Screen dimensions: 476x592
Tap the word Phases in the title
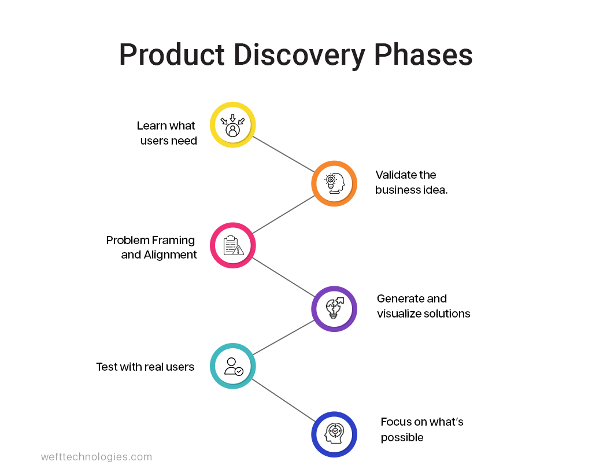[423, 56]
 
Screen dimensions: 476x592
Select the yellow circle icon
[232, 125]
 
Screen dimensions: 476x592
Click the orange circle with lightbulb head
[334, 183]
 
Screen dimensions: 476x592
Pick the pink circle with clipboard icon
[232, 245]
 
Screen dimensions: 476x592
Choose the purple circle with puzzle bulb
[334, 308]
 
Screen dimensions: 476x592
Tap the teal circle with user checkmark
[232, 366]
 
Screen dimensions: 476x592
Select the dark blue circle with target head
[334, 434]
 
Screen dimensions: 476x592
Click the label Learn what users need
[167, 133]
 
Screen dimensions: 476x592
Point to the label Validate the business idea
[411, 182]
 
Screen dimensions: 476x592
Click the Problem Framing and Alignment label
[151, 248]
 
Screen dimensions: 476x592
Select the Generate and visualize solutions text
[423, 306]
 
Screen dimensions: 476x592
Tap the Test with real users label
[145, 367]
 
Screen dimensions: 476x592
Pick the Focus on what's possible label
[421, 429]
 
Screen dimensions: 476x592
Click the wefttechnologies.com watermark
[97, 457]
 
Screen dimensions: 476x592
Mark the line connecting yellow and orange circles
[283, 154]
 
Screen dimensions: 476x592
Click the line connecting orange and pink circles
[283, 215]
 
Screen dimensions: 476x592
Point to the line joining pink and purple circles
[283, 277]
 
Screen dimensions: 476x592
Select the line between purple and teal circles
[283, 337]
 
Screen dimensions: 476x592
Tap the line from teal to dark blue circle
[283, 400]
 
